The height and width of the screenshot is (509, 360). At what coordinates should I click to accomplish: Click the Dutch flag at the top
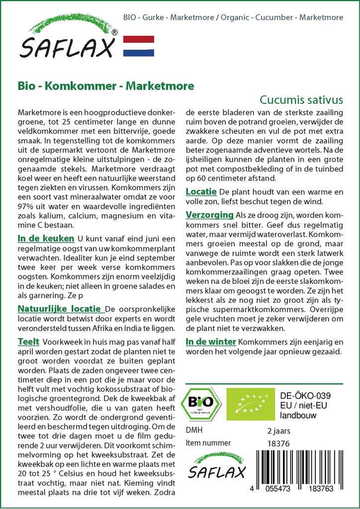coord(138,46)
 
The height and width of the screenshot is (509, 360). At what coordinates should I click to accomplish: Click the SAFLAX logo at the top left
coord(68,40)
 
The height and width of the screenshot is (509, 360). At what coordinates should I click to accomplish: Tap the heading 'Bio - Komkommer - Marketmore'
coord(105,85)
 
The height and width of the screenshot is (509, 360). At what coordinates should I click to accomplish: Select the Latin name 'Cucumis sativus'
coord(301,99)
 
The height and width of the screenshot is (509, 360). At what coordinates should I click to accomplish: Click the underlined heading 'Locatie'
coord(200,191)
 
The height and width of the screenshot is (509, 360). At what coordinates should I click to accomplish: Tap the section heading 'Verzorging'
coord(209,214)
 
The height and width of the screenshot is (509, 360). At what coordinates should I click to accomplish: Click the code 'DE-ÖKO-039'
coord(302,395)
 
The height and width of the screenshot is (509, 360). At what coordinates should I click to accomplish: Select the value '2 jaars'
coord(278,430)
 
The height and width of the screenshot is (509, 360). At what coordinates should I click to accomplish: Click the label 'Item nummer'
coord(208,443)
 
